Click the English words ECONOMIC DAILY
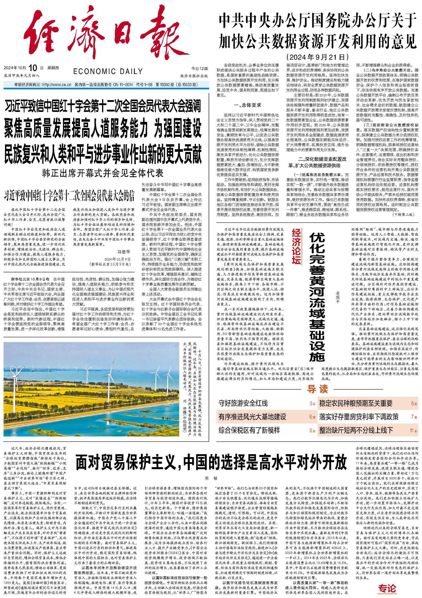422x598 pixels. pos(108,71)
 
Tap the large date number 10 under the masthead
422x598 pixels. pos(33,68)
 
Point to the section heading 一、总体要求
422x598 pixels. pos(247,105)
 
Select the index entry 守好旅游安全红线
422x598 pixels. pos(243,403)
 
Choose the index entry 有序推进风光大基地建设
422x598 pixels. pos(252,417)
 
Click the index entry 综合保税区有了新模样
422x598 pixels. pos(249,430)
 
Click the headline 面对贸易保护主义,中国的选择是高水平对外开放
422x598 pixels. pos(211,462)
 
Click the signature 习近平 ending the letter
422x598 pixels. pos(124,252)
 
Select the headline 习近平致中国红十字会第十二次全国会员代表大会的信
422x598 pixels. pos(69,196)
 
